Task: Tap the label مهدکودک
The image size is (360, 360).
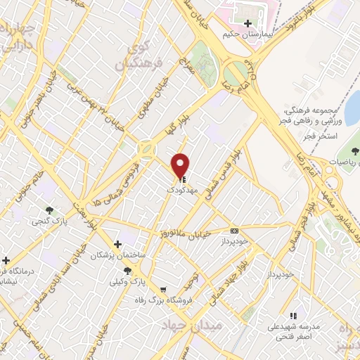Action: [181, 191]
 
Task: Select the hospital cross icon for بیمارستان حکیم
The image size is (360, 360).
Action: [247, 24]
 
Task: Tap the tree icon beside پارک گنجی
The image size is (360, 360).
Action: [49, 210]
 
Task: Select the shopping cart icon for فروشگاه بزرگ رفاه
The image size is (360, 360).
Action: [163, 289]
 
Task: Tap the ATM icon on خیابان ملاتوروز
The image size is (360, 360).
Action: [234, 230]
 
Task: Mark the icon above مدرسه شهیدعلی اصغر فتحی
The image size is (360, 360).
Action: [292, 316]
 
